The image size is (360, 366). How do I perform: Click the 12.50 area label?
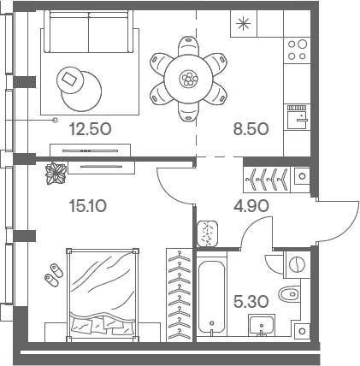[90, 129]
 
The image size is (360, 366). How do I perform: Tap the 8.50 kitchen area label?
[251, 129]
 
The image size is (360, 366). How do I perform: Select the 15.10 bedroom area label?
[88, 206]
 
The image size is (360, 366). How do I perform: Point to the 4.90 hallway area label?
[251, 206]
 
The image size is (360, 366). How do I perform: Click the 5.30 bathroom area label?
[251, 302]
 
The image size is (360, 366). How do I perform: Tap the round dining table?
[189, 78]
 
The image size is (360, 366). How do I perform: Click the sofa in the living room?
[89, 32]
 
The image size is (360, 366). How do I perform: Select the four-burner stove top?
[297, 50]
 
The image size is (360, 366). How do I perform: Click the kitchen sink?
[298, 116]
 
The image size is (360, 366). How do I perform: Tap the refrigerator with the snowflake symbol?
[244, 24]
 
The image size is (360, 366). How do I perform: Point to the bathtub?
[211, 297]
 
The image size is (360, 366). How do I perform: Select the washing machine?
[297, 264]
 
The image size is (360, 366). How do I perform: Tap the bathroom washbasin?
[262, 325]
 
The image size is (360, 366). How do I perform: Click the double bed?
[103, 295]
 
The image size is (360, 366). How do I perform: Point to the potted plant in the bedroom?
[56, 173]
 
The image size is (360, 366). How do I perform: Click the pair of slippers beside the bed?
[54, 274]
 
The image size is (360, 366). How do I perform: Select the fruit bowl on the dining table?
[189, 78]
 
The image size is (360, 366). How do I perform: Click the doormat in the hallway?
[208, 233]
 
